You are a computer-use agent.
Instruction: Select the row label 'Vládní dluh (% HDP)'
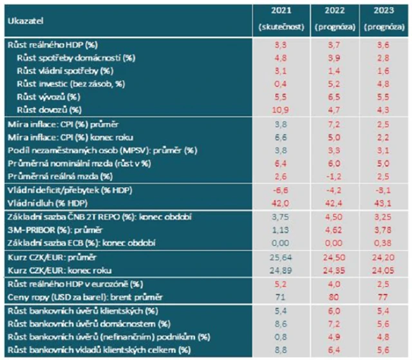40,203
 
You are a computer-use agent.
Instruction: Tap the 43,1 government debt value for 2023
384,203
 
